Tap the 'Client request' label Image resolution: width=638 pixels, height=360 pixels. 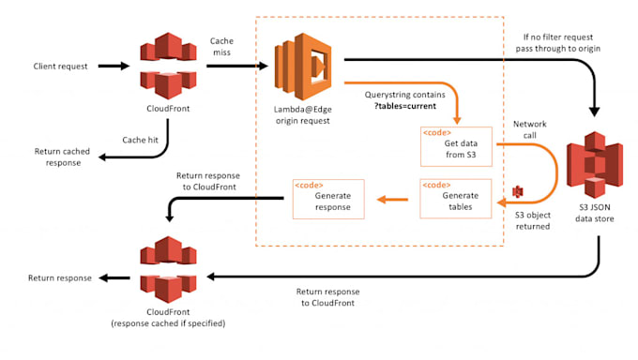[62, 67]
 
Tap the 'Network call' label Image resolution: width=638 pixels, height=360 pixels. [530, 129]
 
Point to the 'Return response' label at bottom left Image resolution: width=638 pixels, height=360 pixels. [60, 277]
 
